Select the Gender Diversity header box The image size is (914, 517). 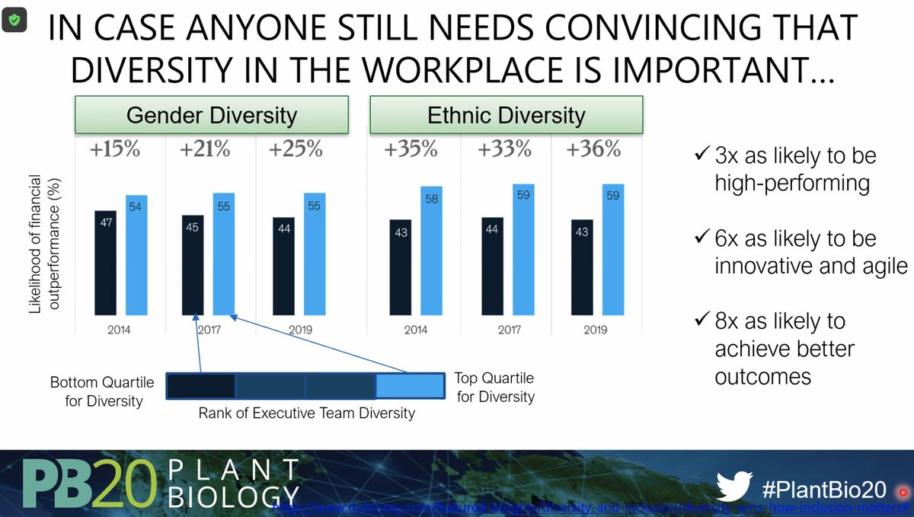(211, 115)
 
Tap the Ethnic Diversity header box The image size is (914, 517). (507, 115)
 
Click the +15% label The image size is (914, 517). (115, 149)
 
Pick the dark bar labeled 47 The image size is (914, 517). (106, 263)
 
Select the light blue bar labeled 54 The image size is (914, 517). (136, 255)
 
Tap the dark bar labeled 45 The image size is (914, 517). (193, 265)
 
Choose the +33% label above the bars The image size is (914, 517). (504, 149)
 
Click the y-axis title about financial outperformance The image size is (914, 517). (44, 244)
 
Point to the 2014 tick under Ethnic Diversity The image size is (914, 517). (414, 330)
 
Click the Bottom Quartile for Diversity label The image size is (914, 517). (102, 391)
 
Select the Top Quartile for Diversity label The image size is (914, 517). (495, 387)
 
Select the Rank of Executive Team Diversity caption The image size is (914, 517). (307, 413)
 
